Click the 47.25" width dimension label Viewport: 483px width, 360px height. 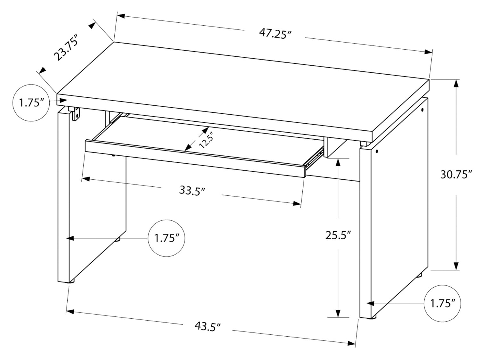pos(275,34)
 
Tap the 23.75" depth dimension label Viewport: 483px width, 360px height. pos(66,47)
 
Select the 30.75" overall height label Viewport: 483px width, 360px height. pos(456,175)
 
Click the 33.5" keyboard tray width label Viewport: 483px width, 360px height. pos(192,191)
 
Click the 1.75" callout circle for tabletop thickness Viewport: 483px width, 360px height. pos(31,103)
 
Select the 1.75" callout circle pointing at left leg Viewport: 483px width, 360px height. pos(167,238)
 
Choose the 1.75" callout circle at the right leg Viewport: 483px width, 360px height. pos(442,304)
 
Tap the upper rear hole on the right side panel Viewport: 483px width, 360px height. pos(422,110)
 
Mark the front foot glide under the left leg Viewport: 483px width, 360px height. pos(72,281)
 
